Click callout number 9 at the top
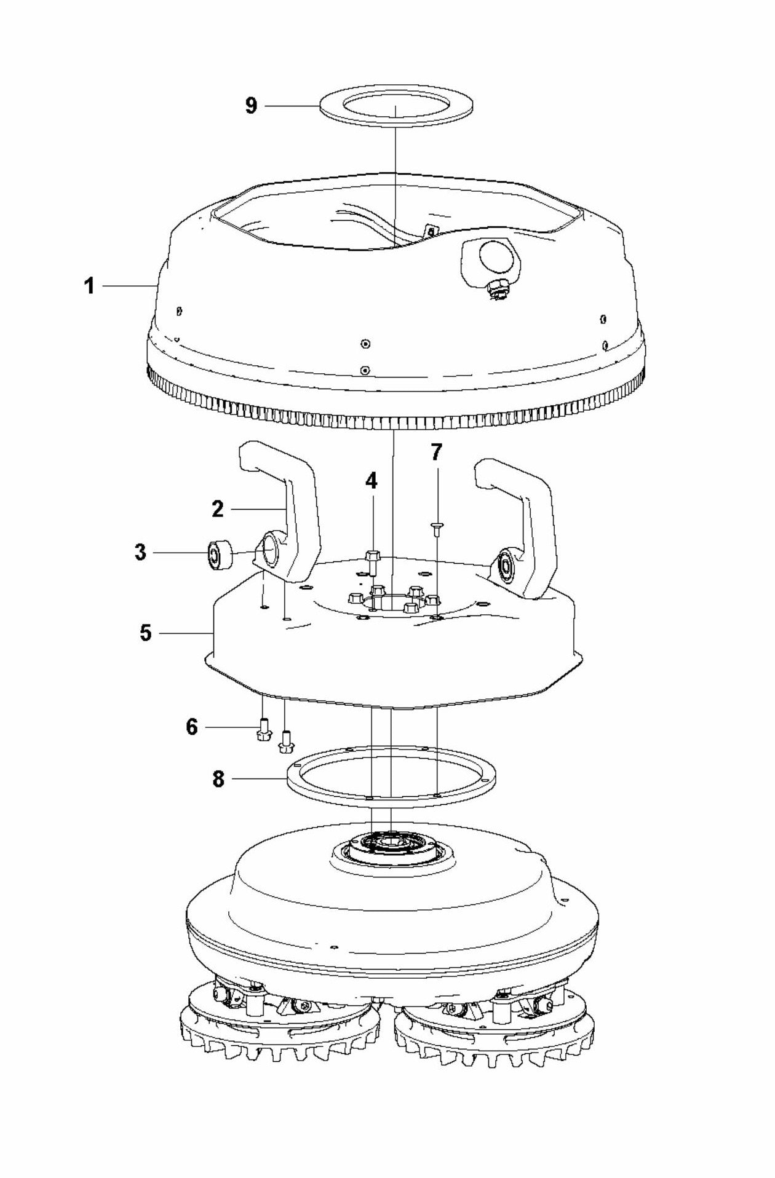251,106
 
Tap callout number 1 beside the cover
90,286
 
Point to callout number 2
218,509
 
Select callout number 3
141,552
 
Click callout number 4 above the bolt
372,481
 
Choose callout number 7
436,453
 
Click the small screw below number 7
436,526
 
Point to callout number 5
146,632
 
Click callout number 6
192,727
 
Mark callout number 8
218,780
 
